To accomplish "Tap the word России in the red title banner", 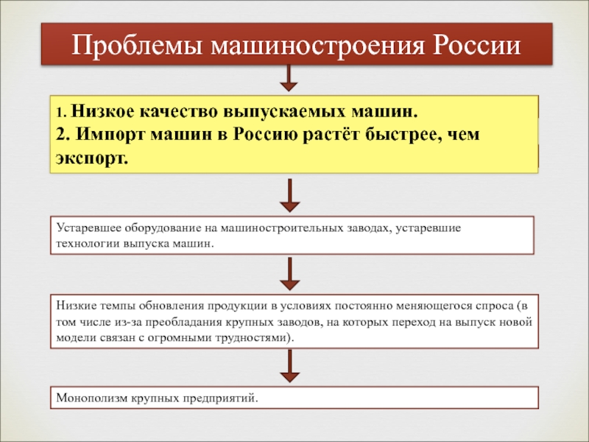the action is [x=476, y=46].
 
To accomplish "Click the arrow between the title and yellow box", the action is [x=289, y=78].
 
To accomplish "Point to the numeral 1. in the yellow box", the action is [x=62, y=113].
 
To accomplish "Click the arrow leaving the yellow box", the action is [x=289, y=195].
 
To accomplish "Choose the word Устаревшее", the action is [x=88, y=228].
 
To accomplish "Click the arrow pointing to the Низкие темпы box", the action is [x=289, y=273].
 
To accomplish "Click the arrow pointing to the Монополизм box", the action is [x=289, y=365].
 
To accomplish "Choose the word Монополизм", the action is [x=92, y=398].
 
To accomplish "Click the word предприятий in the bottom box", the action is [x=220, y=398].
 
